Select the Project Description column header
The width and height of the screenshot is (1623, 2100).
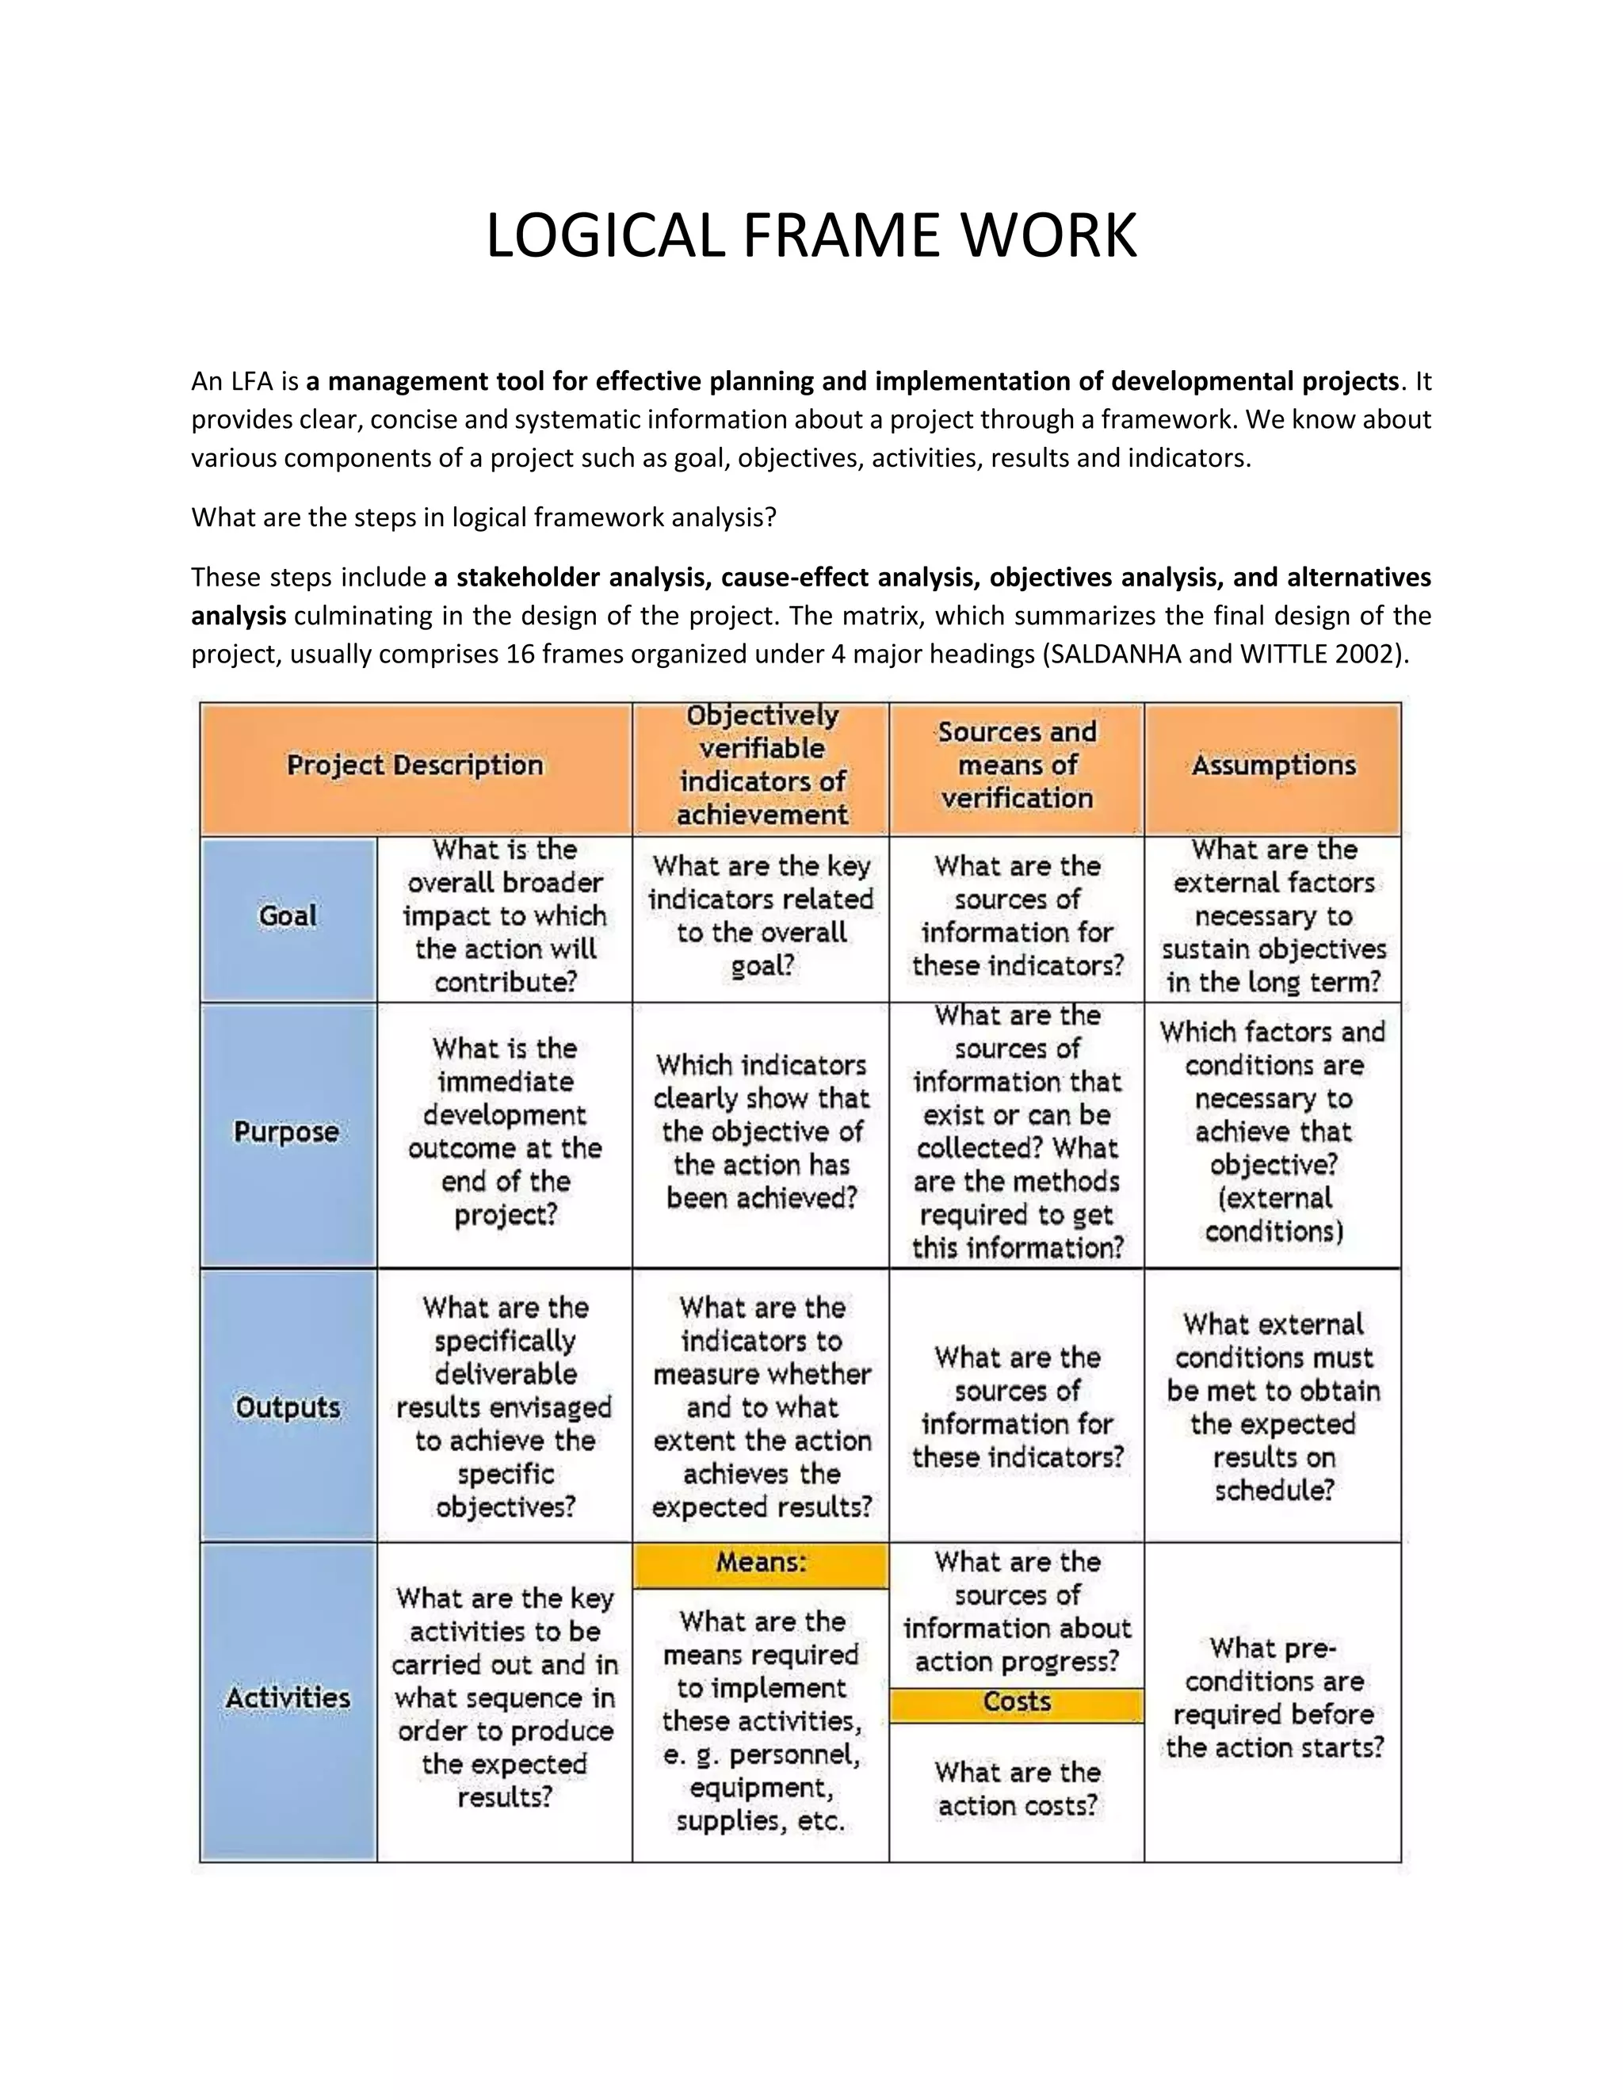click(x=414, y=766)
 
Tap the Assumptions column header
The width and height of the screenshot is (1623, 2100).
click(x=1273, y=766)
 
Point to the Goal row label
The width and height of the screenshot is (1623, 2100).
click(x=288, y=915)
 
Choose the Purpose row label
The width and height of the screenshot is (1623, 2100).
click(x=287, y=1132)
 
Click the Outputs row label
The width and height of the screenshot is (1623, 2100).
click(x=288, y=1407)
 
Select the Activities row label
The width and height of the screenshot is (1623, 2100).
click(x=288, y=1698)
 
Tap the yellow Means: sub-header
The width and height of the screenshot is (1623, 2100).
click(x=761, y=1563)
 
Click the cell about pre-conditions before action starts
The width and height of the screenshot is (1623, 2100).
click(x=1273, y=1698)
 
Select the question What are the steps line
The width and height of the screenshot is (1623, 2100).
click(x=483, y=517)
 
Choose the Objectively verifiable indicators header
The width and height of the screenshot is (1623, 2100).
click(x=761, y=766)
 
